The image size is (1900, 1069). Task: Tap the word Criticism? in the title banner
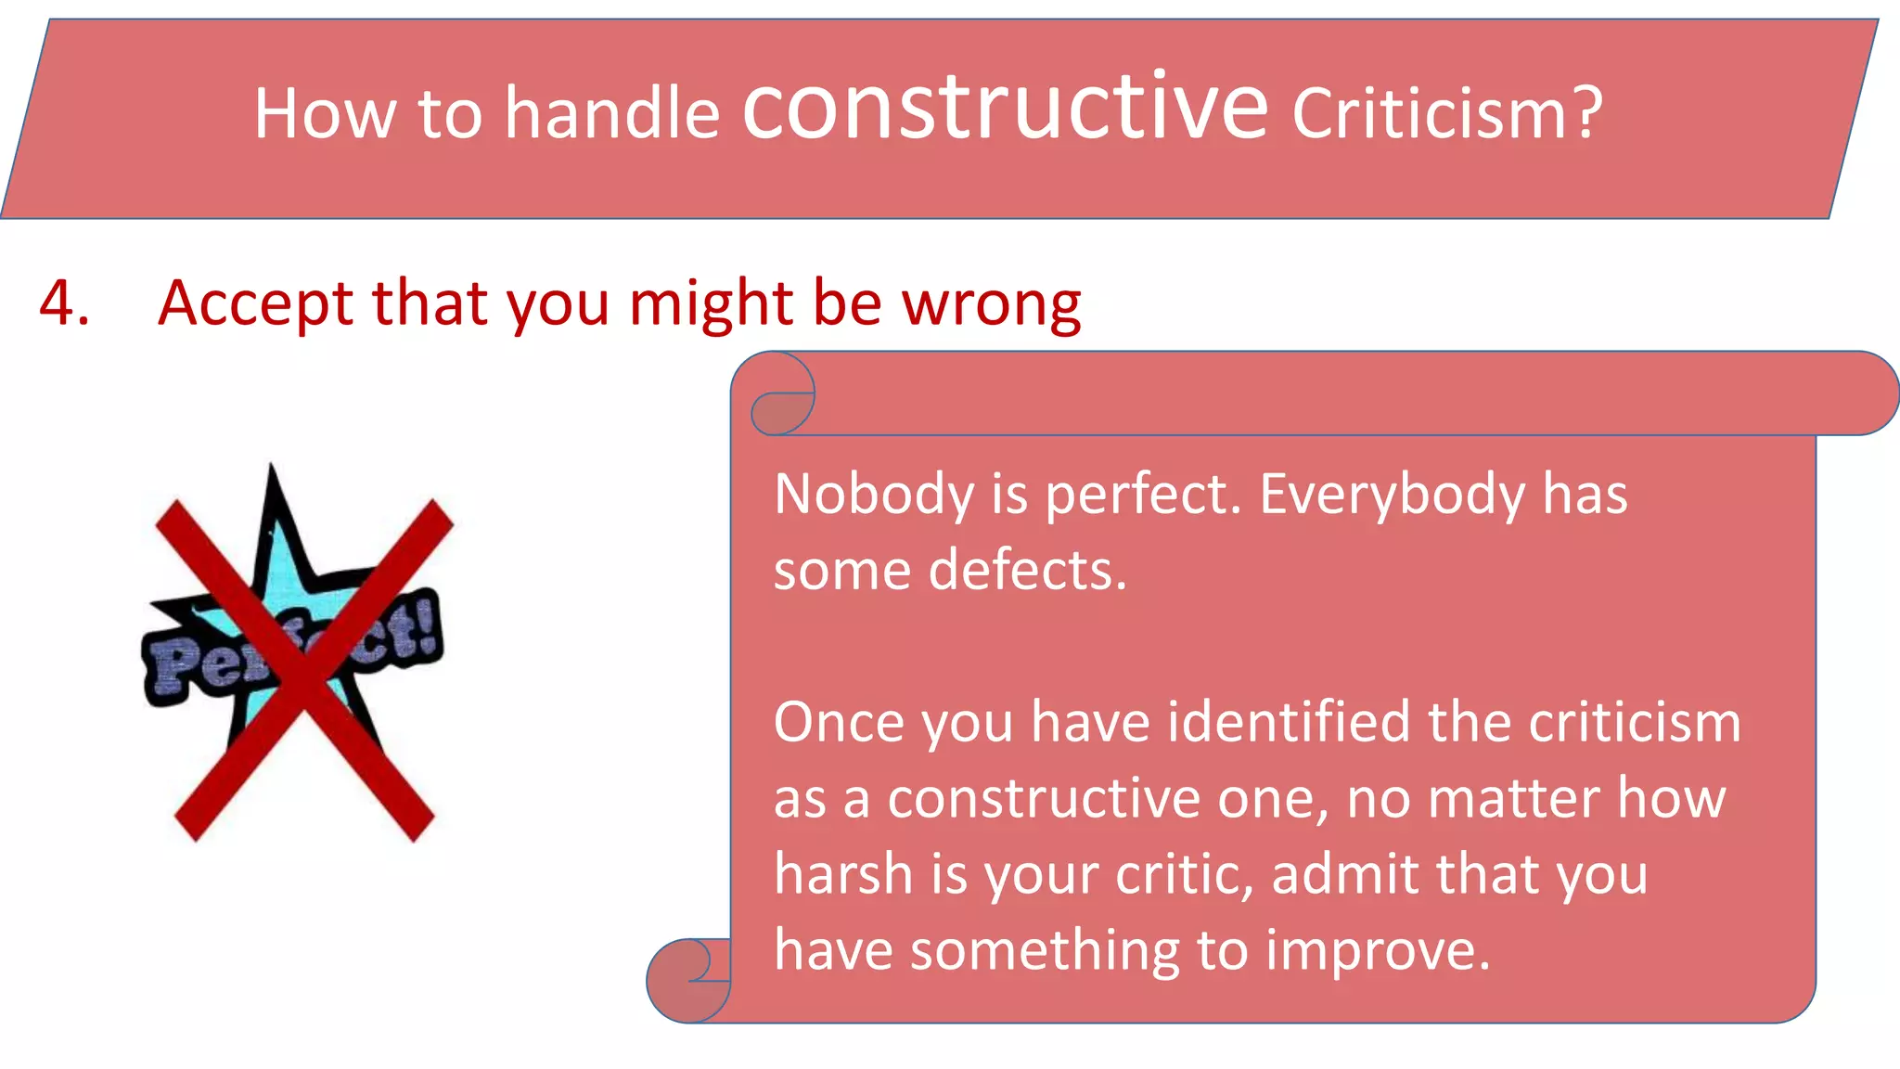(1447, 114)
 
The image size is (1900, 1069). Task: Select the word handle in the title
(612, 114)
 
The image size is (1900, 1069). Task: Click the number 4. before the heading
(64, 303)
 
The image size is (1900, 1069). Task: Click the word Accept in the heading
(255, 304)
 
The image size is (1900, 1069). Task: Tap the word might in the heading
(711, 304)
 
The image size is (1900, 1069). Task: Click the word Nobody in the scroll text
(873, 494)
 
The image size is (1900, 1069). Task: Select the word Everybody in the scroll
(1392, 496)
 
